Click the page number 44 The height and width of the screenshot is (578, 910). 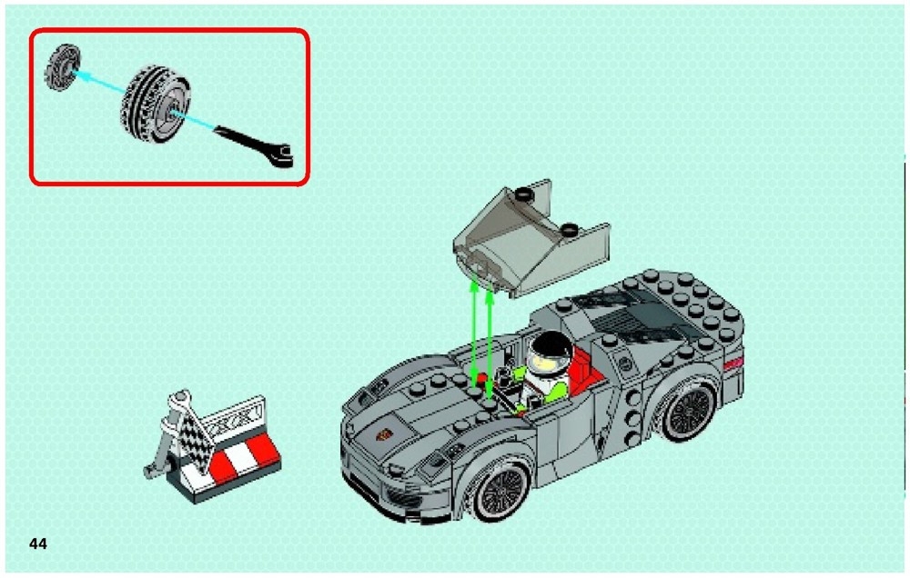point(37,543)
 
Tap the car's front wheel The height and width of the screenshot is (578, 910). point(500,491)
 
